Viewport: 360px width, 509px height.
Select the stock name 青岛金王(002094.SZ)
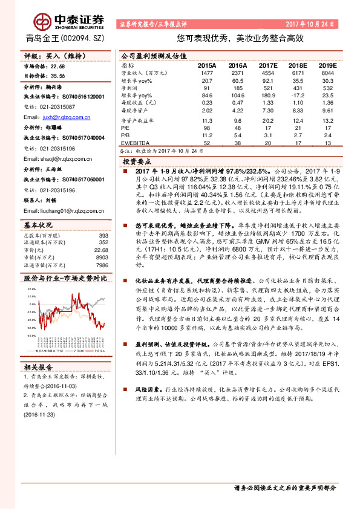(59, 37)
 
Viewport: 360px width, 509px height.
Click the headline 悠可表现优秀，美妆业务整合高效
(235, 37)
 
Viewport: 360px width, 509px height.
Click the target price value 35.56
(59, 76)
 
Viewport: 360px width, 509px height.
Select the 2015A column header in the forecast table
(207, 65)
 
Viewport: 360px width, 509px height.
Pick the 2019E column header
(327, 65)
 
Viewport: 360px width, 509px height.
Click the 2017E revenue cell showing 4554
(268, 72)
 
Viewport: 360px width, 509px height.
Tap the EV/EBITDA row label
(135, 143)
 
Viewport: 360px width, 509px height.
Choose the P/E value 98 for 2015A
(208, 128)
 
